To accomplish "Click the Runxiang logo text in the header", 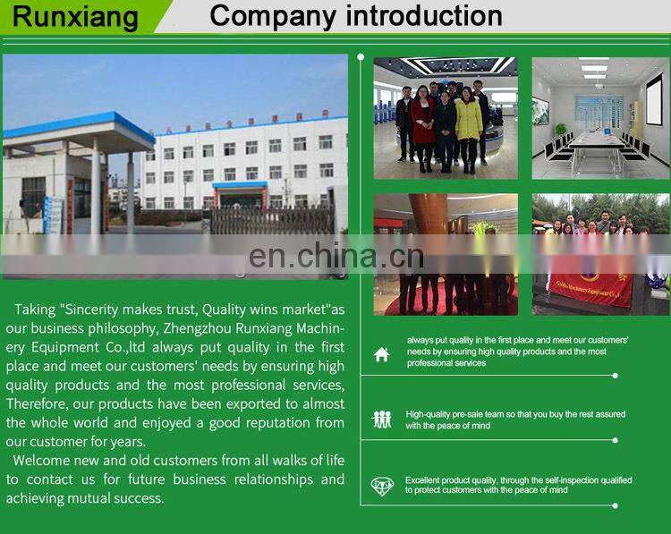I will coord(75,17).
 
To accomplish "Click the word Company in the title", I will coord(264,16).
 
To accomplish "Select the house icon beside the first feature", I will coord(382,354).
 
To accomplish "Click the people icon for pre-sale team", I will coord(382,419).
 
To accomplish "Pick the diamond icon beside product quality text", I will coord(382,486).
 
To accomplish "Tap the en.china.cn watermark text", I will coord(336,257).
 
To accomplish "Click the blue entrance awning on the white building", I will coord(240,185).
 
